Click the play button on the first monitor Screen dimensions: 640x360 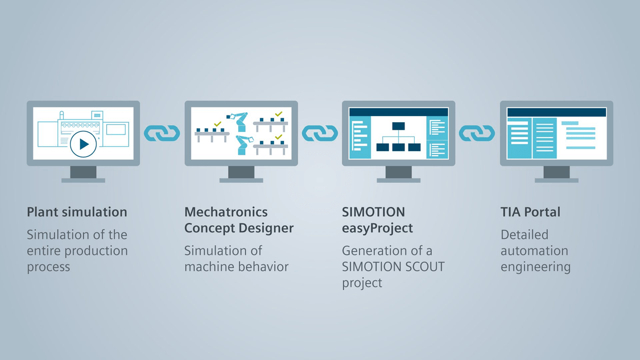point(83,144)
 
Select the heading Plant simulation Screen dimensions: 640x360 point(77,212)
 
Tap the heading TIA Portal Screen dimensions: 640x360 point(530,212)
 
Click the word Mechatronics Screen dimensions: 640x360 point(226,212)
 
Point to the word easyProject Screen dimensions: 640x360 point(377,228)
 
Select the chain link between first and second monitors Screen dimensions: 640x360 point(162,133)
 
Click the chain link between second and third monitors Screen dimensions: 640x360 point(320,133)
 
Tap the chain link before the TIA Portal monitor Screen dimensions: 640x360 point(477,133)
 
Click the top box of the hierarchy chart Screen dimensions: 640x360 point(398,126)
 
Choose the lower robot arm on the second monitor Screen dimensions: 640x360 point(243,145)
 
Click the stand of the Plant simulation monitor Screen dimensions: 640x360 point(83,174)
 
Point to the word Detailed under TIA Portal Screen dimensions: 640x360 point(525,235)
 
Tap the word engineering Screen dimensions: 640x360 point(535,267)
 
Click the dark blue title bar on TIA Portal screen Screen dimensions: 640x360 point(556,112)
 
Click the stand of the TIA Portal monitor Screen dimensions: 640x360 point(556,174)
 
